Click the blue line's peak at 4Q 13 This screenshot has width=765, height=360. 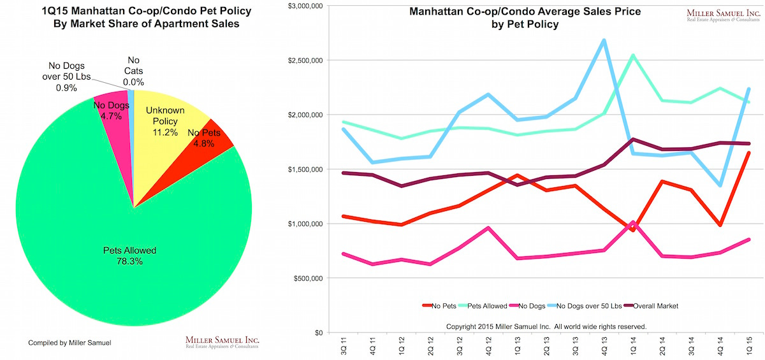click(604, 40)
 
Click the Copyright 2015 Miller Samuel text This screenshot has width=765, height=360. click(546, 326)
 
